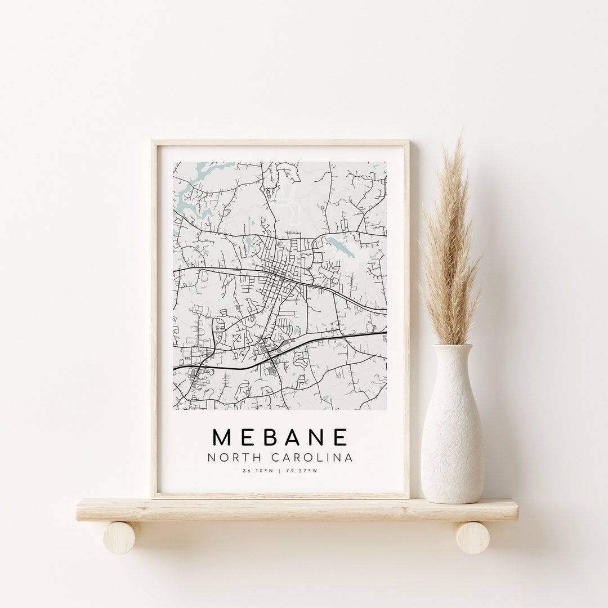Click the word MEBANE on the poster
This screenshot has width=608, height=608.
(280, 437)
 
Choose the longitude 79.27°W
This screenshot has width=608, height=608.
(301, 471)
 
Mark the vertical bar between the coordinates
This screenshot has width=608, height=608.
(279, 471)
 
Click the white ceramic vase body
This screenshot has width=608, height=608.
(452, 439)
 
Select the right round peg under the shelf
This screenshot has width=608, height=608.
(472, 538)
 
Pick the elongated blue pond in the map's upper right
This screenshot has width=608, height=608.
(341, 246)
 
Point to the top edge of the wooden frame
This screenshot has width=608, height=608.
(280, 143)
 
